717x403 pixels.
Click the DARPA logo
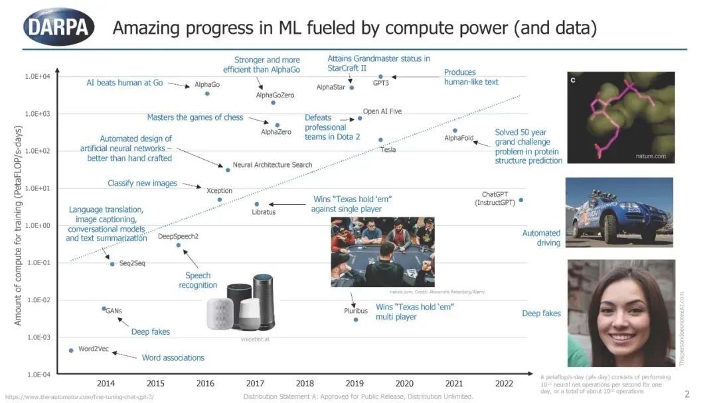[58, 27]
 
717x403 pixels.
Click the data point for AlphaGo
[207, 93]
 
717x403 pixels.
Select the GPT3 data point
[381, 76]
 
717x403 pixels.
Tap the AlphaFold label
[458, 138]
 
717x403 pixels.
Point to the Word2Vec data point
[71, 350]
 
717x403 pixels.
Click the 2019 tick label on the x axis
[355, 383]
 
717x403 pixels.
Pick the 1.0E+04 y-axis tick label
[38, 77]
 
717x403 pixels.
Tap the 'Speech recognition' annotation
[198, 280]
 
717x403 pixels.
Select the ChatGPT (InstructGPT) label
[495, 199]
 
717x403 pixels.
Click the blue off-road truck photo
[619, 212]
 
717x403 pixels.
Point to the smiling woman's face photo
[621, 314]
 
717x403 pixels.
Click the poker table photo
[382, 252]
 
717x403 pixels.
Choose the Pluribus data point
[356, 319]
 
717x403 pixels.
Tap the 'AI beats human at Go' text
[124, 83]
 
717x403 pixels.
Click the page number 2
[687, 394]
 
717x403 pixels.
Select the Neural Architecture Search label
[272, 164]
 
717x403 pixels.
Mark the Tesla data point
[380, 140]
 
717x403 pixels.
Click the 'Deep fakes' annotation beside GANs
[150, 331]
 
